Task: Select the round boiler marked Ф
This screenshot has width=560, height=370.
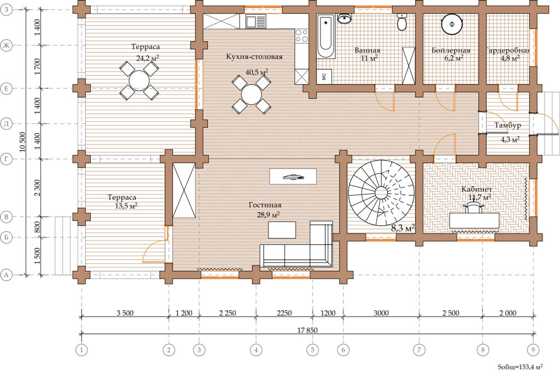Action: (452, 24)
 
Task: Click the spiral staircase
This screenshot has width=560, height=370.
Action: (381, 193)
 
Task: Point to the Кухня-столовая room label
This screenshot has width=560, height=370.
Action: (254, 57)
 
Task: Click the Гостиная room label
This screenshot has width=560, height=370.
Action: (265, 205)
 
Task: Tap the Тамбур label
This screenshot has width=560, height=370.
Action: (507, 126)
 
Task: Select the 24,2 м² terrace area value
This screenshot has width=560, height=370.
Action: (148, 58)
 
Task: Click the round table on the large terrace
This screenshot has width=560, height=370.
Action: (139, 81)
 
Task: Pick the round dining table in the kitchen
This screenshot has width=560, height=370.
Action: (252, 94)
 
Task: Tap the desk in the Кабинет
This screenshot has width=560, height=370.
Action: (474, 220)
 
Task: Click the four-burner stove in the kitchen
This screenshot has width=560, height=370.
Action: (301, 35)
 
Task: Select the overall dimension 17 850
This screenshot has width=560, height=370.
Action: (307, 330)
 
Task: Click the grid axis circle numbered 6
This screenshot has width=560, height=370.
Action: (343, 350)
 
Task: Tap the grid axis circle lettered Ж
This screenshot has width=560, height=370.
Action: (6, 45)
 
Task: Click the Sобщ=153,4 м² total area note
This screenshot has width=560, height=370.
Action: (521, 366)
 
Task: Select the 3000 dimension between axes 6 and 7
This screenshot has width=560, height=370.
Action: (381, 313)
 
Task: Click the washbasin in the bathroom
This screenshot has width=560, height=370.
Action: (345, 18)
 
